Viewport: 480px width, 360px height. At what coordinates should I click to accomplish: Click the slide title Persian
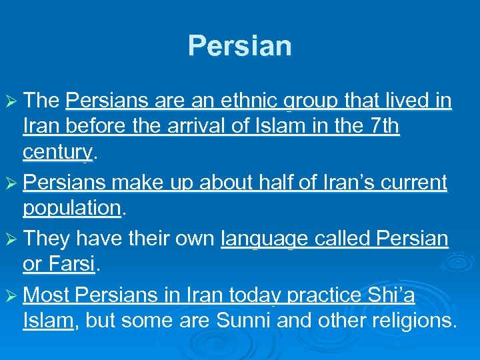(240, 46)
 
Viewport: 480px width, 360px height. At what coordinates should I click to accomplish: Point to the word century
(57, 153)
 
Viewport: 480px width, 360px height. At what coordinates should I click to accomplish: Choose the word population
(71, 208)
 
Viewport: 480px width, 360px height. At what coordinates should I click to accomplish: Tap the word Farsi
(71, 264)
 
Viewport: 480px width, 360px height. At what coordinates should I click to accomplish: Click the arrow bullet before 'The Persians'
(13, 101)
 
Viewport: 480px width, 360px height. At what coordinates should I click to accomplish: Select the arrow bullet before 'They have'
(13, 239)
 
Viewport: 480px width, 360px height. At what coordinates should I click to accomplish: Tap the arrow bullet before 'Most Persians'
(13, 295)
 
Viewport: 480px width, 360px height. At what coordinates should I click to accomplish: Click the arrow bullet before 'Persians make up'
(13, 183)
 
